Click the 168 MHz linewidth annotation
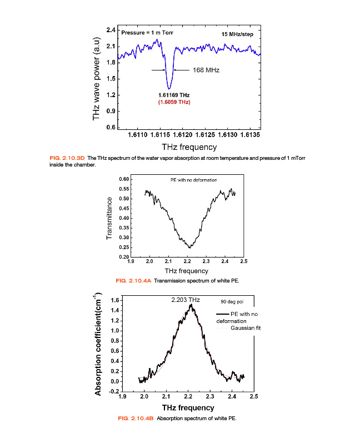coord(206,70)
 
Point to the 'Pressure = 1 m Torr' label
coord(147,33)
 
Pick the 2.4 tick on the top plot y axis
coord(111,29)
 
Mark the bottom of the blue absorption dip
coord(169,88)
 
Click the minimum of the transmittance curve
coord(189,247)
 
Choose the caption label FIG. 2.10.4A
coord(133,281)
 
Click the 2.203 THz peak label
coord(185,300)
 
